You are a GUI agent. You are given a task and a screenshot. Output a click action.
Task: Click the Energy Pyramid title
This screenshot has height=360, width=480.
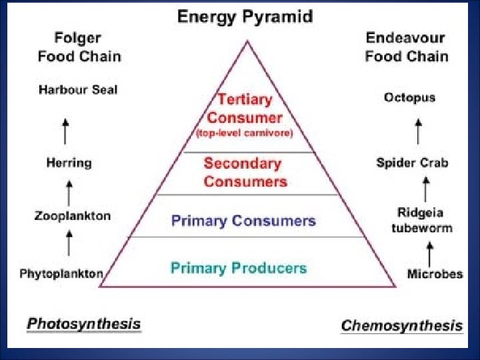click(245, 17)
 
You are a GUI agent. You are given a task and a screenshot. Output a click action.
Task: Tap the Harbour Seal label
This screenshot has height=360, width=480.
click(78, 89)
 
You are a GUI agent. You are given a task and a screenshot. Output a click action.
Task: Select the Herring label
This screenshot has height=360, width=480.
click(69, 163)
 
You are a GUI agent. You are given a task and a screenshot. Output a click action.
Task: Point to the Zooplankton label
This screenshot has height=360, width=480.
click(73, 216)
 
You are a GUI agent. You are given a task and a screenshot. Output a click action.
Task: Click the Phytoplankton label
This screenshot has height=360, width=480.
click(61, 273)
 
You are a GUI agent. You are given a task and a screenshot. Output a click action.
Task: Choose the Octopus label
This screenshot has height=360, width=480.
click(409, 97)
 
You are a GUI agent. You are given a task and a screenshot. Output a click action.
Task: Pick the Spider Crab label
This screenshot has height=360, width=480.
click(412, 163)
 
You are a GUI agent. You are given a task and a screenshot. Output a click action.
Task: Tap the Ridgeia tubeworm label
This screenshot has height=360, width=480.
click(421, 220)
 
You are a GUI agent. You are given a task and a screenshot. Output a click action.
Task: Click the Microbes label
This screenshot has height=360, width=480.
click(435, 274)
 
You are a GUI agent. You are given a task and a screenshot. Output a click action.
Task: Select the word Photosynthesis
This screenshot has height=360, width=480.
click(84, 324)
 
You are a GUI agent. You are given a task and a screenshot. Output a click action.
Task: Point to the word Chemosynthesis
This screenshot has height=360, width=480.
click(401, 325)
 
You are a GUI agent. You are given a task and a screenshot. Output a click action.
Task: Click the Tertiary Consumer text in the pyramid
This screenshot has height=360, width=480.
click(245, 109)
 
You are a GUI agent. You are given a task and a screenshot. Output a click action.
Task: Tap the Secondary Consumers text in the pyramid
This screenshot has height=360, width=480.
click(245, 172)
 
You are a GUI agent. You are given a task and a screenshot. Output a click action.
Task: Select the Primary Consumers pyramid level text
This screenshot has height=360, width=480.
click(243, 221)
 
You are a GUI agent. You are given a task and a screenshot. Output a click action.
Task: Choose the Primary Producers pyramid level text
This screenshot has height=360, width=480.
click(239, 268)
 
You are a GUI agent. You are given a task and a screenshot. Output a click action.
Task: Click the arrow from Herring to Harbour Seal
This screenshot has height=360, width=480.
click(65, 130)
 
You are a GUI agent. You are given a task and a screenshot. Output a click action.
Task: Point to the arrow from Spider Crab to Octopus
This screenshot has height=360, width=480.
click(419, 131)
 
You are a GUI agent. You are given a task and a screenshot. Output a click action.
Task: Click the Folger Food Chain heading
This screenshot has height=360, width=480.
click(79, 47)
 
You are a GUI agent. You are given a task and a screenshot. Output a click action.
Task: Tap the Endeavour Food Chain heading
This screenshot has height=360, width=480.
click(406, 47)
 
